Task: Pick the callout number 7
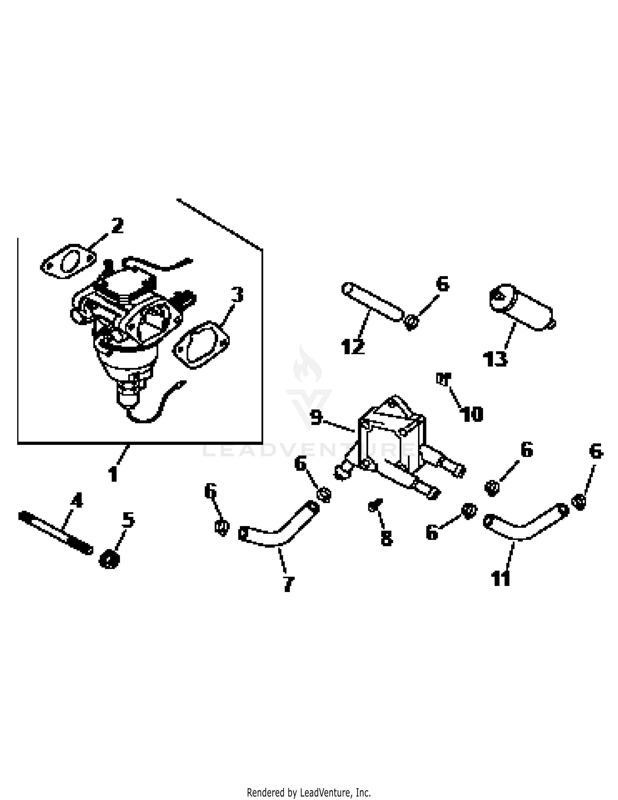pos(288,584)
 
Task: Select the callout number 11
pos(500,578)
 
